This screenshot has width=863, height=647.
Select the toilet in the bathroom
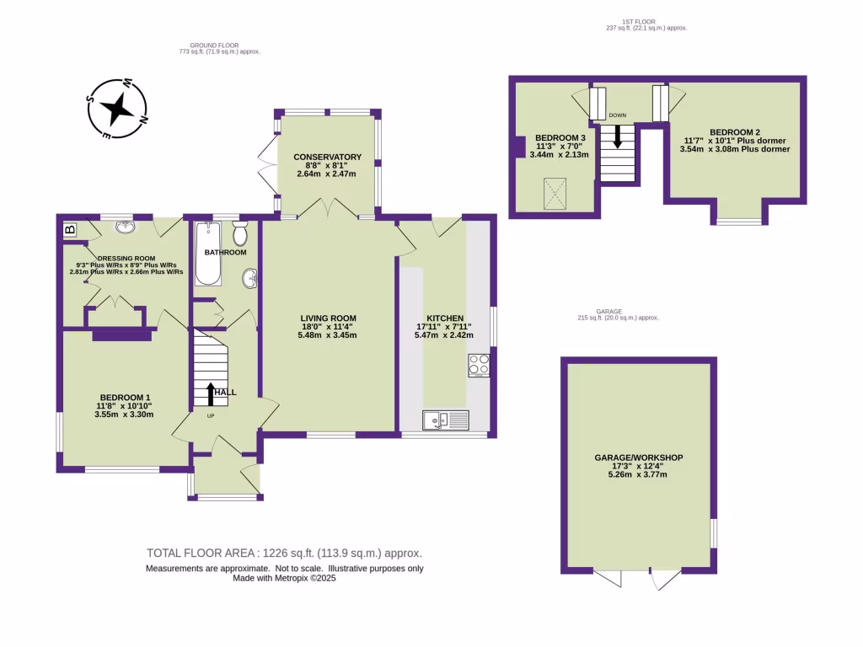pos(240,233)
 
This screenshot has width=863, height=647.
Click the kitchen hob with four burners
pos(479,365)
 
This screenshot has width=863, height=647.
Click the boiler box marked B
pos(70,228)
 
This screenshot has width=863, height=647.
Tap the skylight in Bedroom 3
pos(553,193)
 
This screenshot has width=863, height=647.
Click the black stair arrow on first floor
pos(617,136)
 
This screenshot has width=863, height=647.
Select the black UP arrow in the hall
pos(210,392)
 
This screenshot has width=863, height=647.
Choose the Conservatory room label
pos(327,157)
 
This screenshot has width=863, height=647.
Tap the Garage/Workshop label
pos(637,457)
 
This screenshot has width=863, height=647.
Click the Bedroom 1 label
pos(125,397)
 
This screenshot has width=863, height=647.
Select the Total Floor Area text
pos(284,553)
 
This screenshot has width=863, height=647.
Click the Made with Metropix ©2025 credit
pos(284,579)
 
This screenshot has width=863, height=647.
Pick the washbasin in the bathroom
pos(250,277)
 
